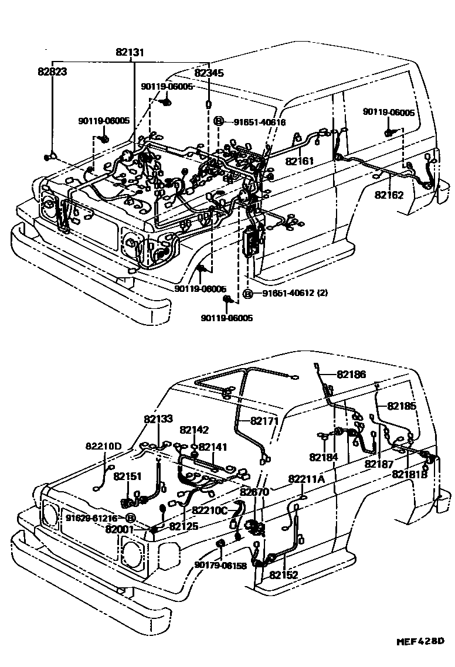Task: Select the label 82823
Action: [52, 73]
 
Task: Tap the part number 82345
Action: [209, 73]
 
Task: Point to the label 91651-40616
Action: [260, 122]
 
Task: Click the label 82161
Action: [300, 161]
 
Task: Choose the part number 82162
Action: [389, 195]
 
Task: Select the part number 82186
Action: [352, 373]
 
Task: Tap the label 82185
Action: [402, 405]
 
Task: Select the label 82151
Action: [128, 477]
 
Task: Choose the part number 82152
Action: [284, 575]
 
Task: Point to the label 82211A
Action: [306, 479]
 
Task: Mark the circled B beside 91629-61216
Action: [130, 518]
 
